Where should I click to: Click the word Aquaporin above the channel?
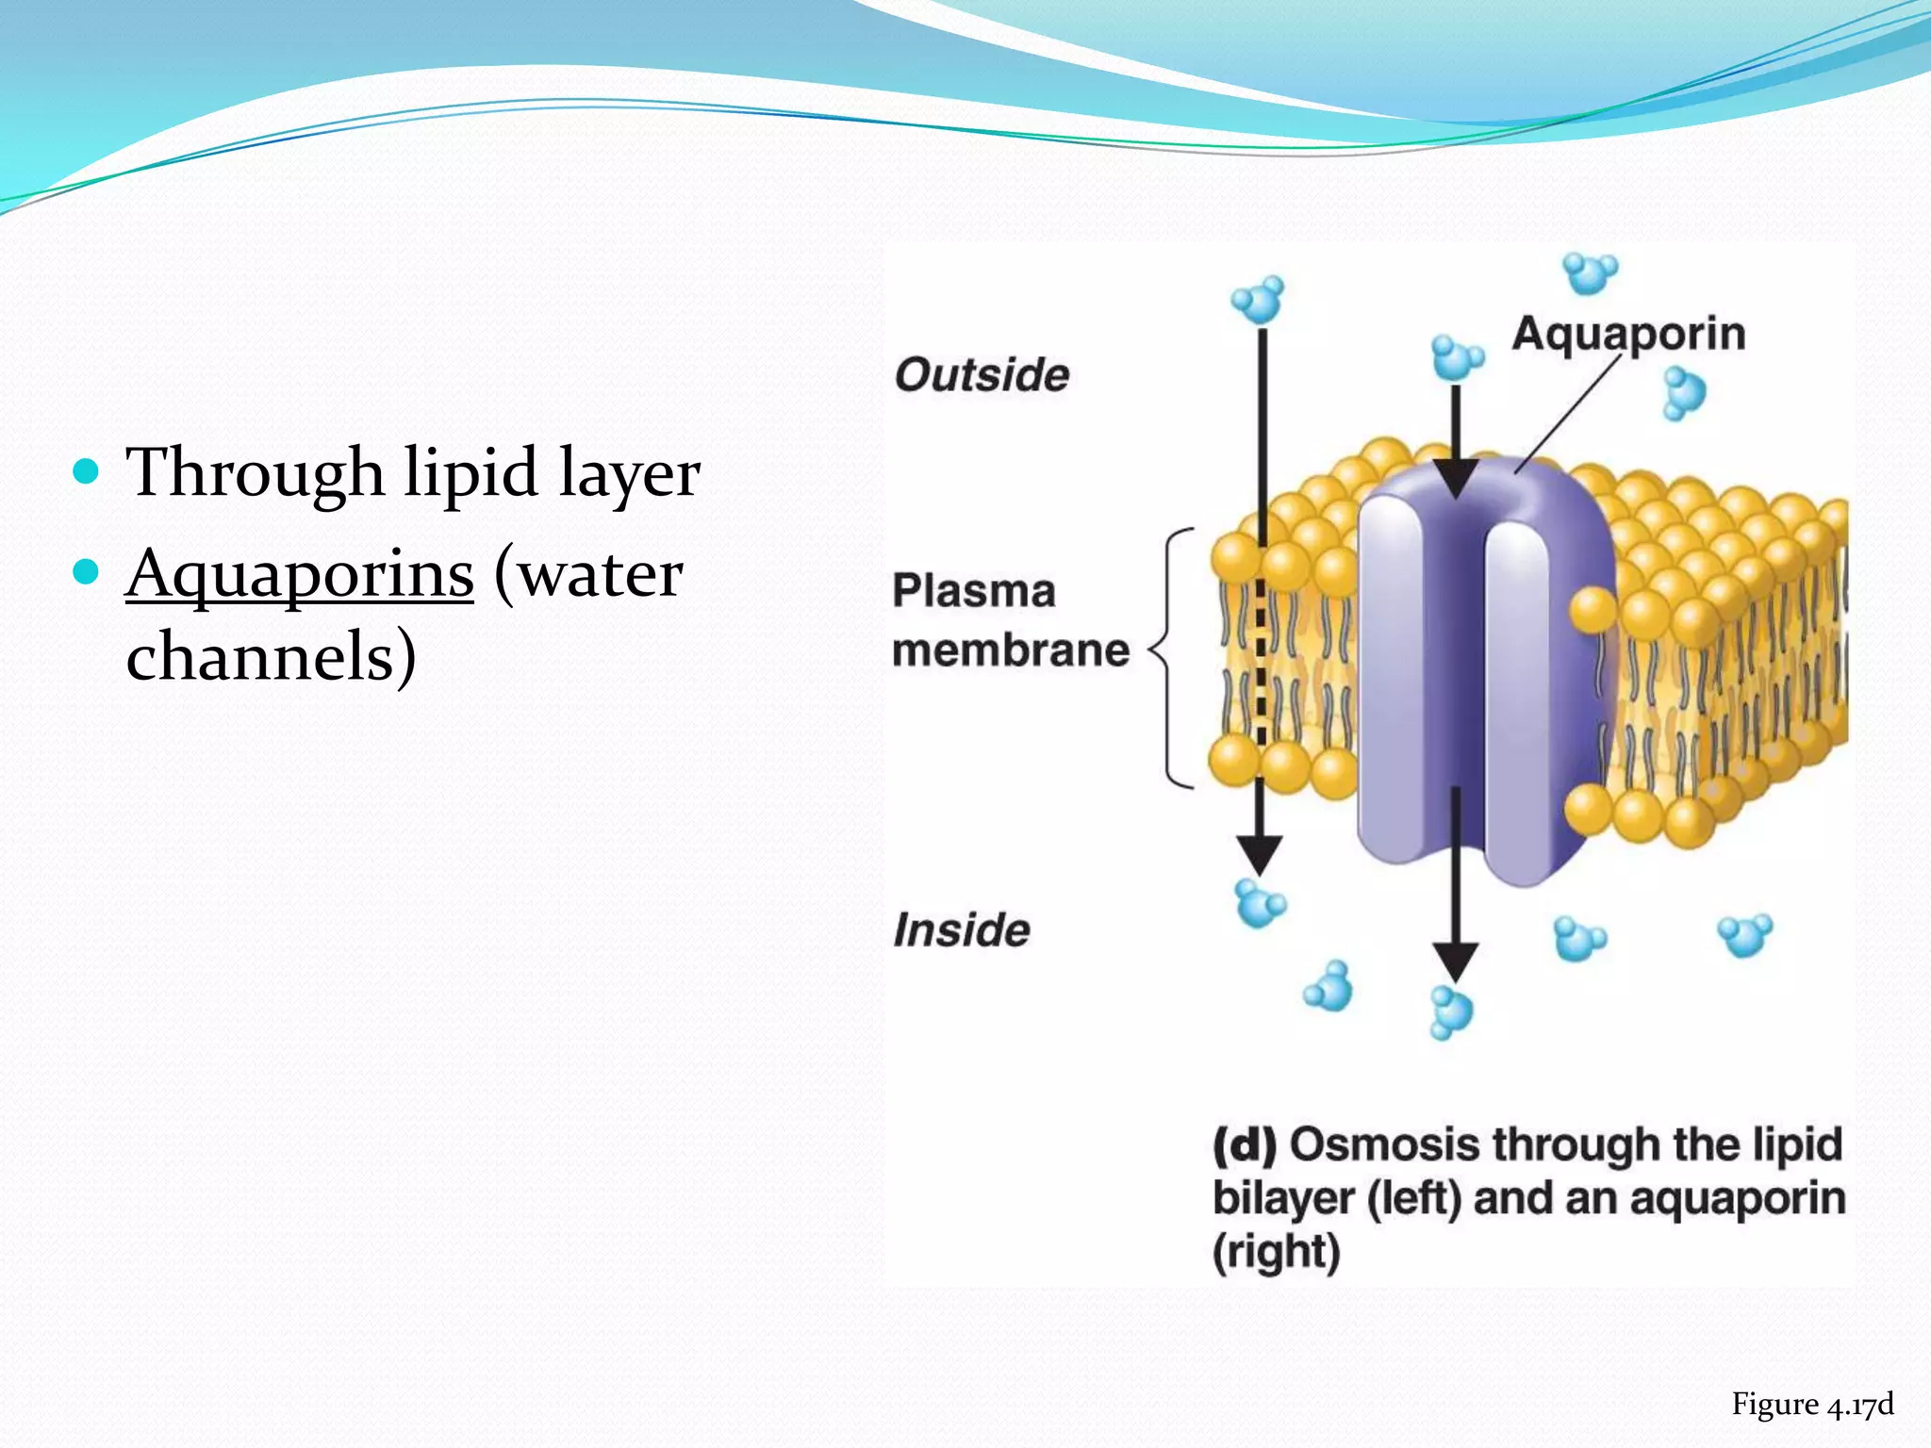(x=1628, y=335)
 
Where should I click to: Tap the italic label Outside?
(x=982, y=375)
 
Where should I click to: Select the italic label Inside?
(x=962, y=930)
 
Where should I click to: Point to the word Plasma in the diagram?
(x=973, y=591)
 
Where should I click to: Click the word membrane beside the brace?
(x=1011, y=650)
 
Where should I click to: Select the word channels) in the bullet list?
(x=271, y=656)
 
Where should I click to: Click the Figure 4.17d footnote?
(x=1811, y=1405)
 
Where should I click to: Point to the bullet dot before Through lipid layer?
(x=86, y=470)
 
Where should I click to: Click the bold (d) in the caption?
(x=1244, y=1145)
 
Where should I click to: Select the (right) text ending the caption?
(x=1276, y=1253)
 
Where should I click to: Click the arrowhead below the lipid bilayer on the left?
(x=1260, y=854)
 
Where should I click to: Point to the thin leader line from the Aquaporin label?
(x=1564, y=415)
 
